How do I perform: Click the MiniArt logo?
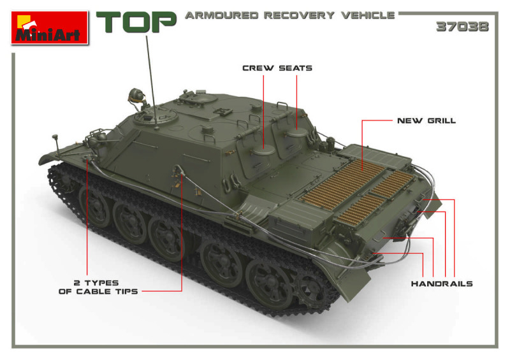50,27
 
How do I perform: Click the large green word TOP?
136,22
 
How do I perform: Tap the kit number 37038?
462,27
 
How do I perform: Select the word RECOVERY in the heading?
299,15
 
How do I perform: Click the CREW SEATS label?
277,68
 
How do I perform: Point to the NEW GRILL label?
426,120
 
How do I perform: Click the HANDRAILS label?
442,284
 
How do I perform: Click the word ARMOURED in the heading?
221,15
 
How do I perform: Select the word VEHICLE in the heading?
368,15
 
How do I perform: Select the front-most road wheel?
95,205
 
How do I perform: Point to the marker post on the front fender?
56,144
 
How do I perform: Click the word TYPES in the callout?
101,283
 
